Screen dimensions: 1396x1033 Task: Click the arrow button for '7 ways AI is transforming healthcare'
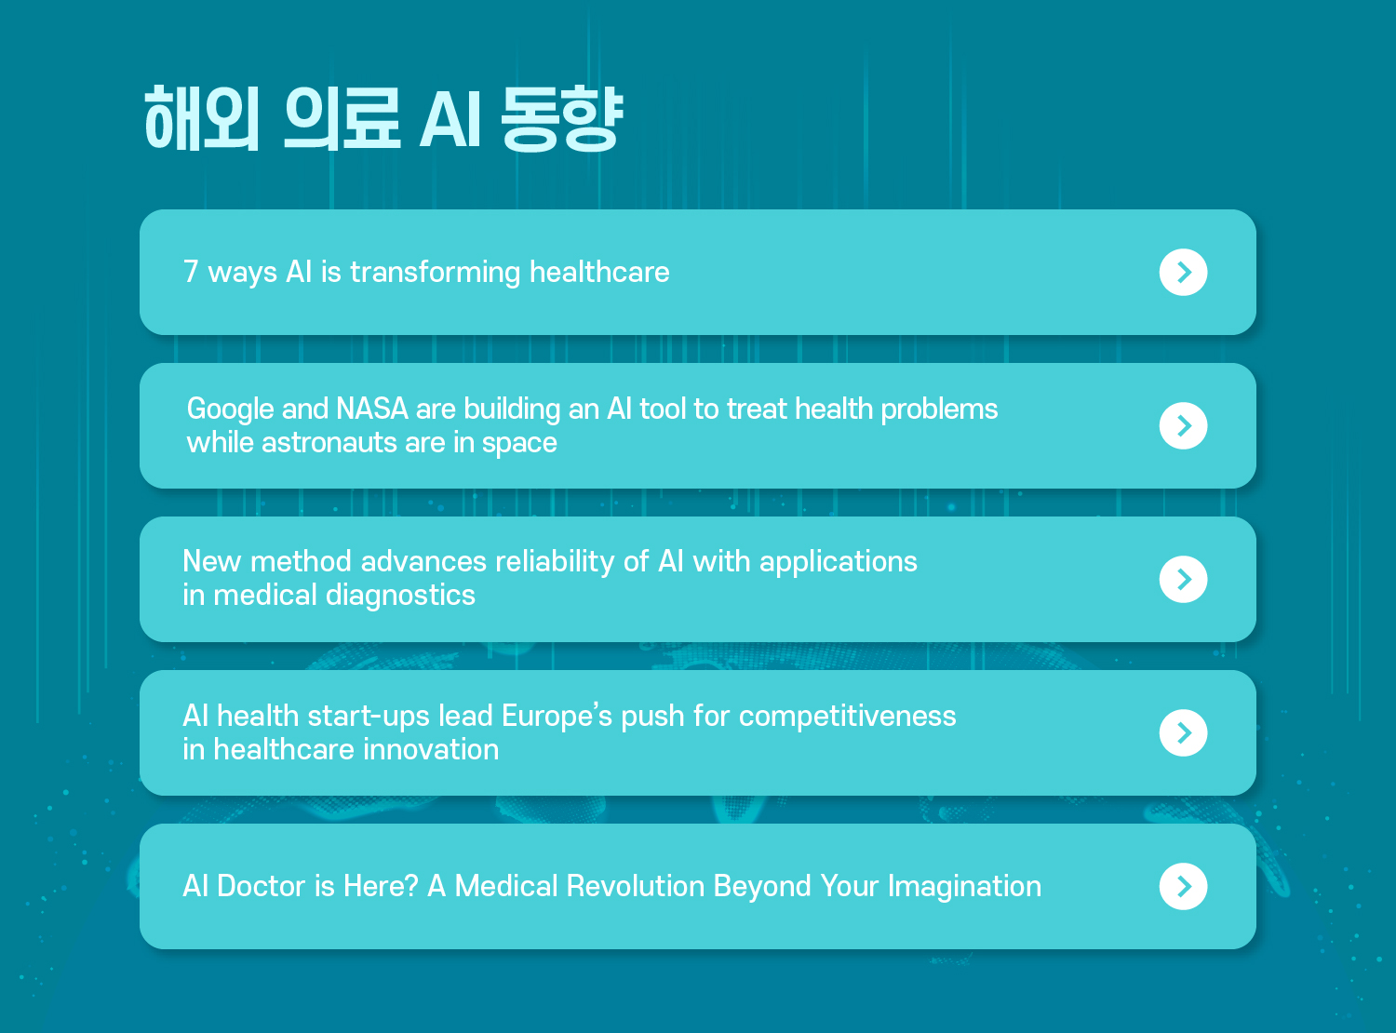(x=1183, y=272)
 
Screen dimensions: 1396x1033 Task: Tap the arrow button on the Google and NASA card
(x=1183, y=425)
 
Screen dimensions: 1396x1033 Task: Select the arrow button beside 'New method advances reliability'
(x=1183, y=579)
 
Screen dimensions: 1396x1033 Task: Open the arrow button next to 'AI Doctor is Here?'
(x=1183, y=886)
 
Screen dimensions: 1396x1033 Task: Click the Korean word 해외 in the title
(x=202, y=118)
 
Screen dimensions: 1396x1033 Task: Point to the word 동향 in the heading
(x=562, y=118)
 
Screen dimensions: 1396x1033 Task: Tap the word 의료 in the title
(x=342, y=118)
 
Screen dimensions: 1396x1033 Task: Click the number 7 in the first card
(x=191, y=272)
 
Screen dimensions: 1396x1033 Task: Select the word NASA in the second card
(x=372, y=409)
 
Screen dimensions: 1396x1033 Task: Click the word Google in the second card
(x=231, y=409)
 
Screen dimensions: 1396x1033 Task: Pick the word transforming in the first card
(x=436, y=273)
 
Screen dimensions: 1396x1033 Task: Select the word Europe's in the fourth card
(x=557, y=717)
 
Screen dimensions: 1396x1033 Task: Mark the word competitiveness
(x=847, y=717)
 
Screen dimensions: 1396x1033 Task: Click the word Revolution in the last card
(x=635, y=886)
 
